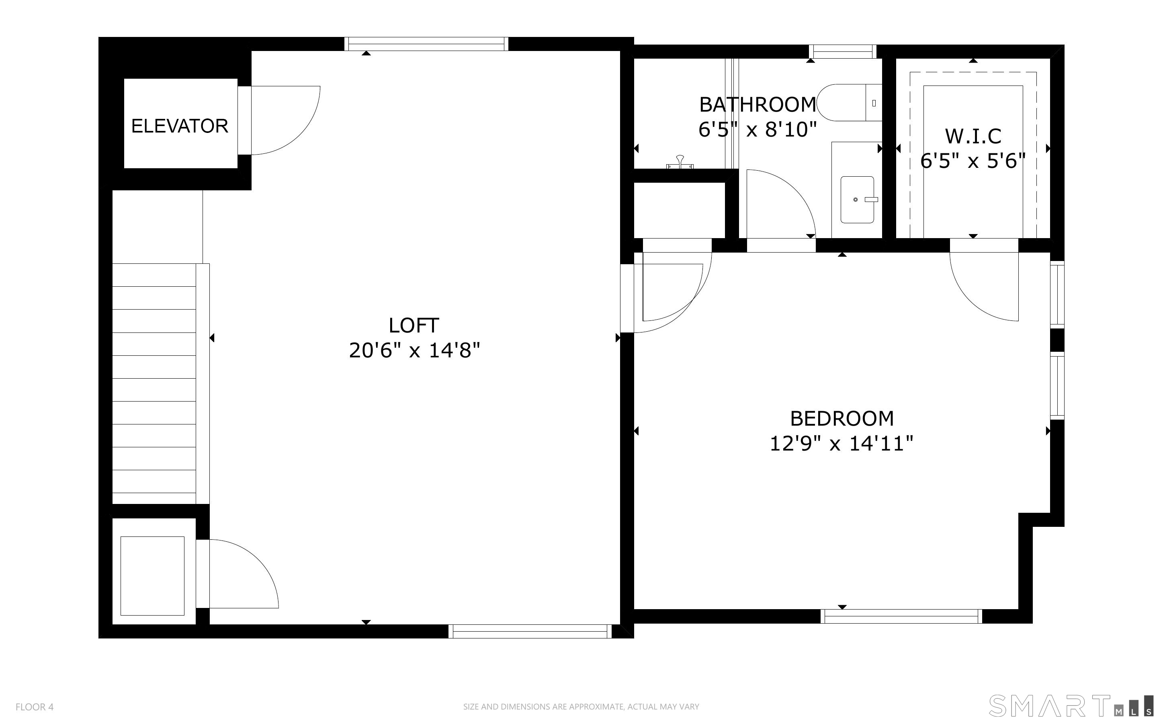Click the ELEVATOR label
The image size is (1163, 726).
tap(180, 126)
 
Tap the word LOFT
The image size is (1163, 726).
tap(414, 326)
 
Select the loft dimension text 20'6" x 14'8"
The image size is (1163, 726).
tap(414, 351)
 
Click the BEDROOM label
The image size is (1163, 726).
tap(842, 419)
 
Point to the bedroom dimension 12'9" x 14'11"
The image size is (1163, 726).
tap(841, 444)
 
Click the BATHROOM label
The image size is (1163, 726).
tap(758, 105)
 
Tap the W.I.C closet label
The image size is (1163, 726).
tap(973, 137)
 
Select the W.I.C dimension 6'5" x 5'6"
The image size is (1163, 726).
tap(973, 161)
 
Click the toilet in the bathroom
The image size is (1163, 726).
tap(849, 103)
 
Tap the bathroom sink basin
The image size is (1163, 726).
tap(857, 200)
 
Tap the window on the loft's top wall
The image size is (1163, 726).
tap(426, 44)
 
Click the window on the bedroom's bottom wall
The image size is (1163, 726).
tap(901, 616)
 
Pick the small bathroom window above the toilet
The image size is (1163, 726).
tap(843, 51)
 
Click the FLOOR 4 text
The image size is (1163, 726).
tap(35, 707)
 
